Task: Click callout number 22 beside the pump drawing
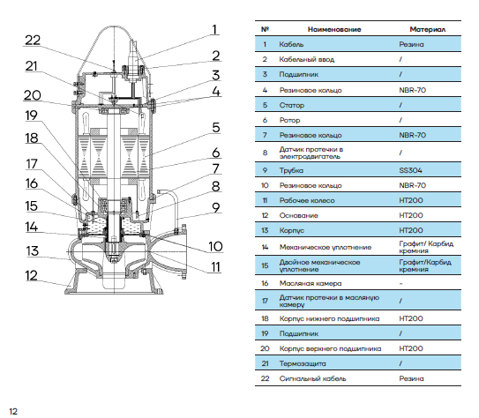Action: [x=33, y=40]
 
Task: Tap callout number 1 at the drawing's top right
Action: [x=214, y=30]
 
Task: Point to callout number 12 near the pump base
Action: [x=32, y=275]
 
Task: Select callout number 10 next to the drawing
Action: [x=215, y=246]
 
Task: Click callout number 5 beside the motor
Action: [x=216, y=127]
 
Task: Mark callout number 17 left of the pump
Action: [x=32, y=164]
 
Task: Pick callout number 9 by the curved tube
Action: [x=216, y=207]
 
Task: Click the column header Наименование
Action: [x=334, y=30]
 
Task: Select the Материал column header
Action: [x=427, y=30]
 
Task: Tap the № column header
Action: [x=265, y=29]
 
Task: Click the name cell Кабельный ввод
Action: [x=307, y=59]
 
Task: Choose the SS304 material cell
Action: [x=410, y=170]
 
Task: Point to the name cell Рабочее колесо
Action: [x=307, y=200]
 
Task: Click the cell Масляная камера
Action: [x=311, y=283]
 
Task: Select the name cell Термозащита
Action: [x=303, y=363]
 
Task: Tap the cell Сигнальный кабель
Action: [x=313, y=378]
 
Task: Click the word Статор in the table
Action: [x=292, y=105]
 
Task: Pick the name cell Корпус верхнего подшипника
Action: [x=330, y=348]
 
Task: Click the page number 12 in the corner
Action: [x=13, y=411]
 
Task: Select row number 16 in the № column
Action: [x=265, y=283]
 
